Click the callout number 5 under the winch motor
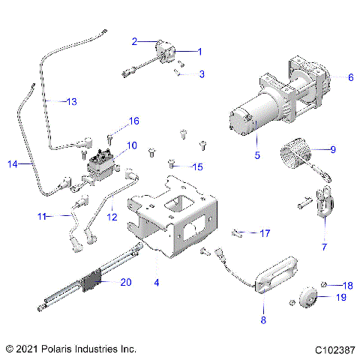click(x=256, y=155)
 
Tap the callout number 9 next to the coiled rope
click(x=333, y=149)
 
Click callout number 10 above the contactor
click(x=131, y=145)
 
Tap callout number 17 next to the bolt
click(x=265, y=233)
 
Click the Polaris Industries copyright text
click(x=70, y=349)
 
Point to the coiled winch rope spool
click(x=292, y=158)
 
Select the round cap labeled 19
click(x=309, y=297)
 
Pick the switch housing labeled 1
click(x=166, y=55)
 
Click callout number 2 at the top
click(x=134, y=40)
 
